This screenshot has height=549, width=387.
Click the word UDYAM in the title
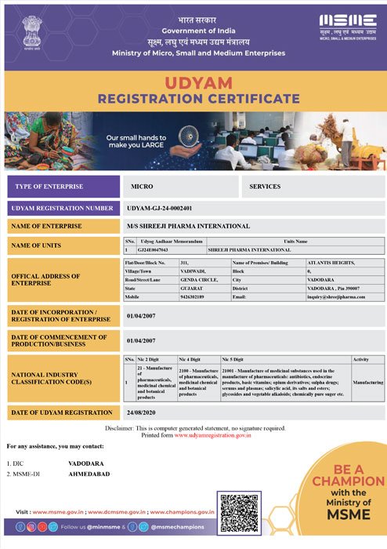pyautogui.click(x=193, y=82)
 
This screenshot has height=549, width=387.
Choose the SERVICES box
pyautogui.click(x=265, y=187)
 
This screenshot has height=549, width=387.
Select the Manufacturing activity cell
pyautogui.click(x=367, y=382)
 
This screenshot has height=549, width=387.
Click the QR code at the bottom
pyautogui.click(x=239, y=513)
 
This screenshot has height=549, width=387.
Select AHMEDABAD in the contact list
pyautogui.click(x=89, y=474)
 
